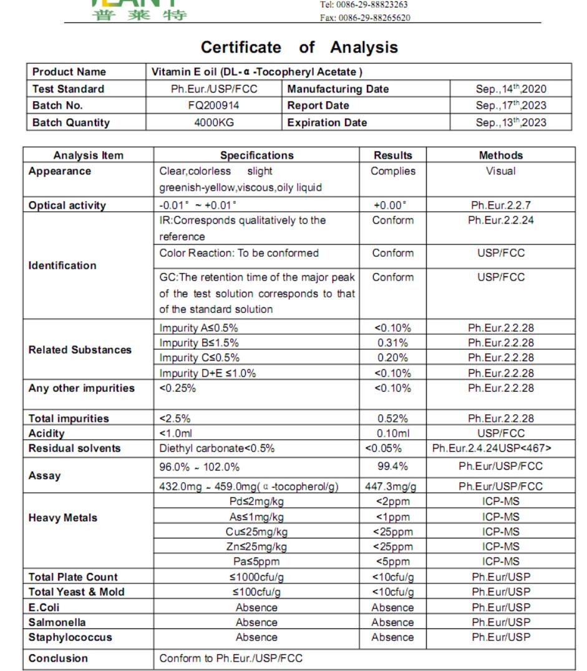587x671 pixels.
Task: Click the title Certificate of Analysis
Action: (299, 47)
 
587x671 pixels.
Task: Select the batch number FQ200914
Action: (218, 106)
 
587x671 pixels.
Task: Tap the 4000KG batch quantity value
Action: (218, 122)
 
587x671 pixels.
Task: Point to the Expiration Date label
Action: (328, 122)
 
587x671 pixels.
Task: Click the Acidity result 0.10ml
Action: (392, 433)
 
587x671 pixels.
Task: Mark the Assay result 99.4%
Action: (392, 465)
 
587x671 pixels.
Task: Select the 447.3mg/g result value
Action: (392, 486)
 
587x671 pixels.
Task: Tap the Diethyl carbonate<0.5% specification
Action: (213, 448)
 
